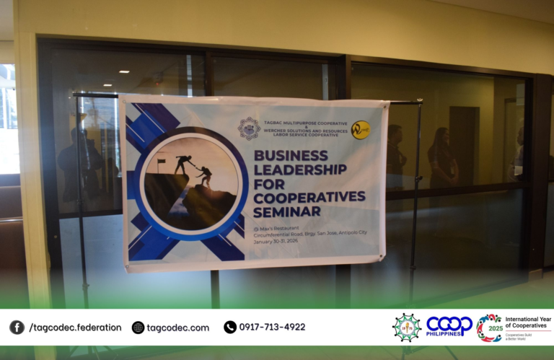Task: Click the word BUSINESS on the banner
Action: click(x=289, y=156)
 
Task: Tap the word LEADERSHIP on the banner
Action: click(x=299, y=170)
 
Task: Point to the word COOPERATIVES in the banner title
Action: click(x=309, y=196)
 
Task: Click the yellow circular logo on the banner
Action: click(x=360, y=130)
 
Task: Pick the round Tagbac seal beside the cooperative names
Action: click(x=249, y=128)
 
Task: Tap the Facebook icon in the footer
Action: click(x=17, y=328)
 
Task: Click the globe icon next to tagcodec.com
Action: click(x=138, y=328)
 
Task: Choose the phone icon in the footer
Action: click(x=230, y=328)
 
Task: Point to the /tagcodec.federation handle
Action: click(x=75, y=328)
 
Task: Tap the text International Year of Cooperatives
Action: click(x=526, y=322)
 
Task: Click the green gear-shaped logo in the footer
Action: click(x=407, y=327)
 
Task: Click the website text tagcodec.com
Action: click(x=177, y=328)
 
